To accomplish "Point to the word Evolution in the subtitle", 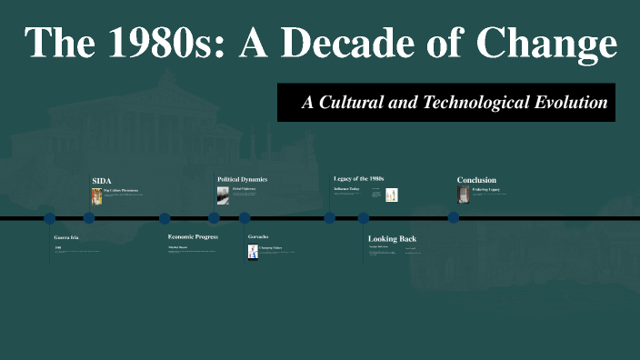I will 571,103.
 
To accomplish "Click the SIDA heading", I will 102,180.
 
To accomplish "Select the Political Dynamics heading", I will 242,179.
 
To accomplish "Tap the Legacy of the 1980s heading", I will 359,179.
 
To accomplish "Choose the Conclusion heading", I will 476,180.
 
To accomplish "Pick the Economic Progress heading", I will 193,236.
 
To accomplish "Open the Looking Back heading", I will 392,238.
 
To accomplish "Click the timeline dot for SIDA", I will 89,218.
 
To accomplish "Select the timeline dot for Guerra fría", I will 50,218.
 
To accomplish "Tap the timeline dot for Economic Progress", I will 165,218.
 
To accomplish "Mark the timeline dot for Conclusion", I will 454,218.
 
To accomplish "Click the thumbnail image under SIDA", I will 97,195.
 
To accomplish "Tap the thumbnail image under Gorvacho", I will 254,252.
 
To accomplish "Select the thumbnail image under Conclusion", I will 463,195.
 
